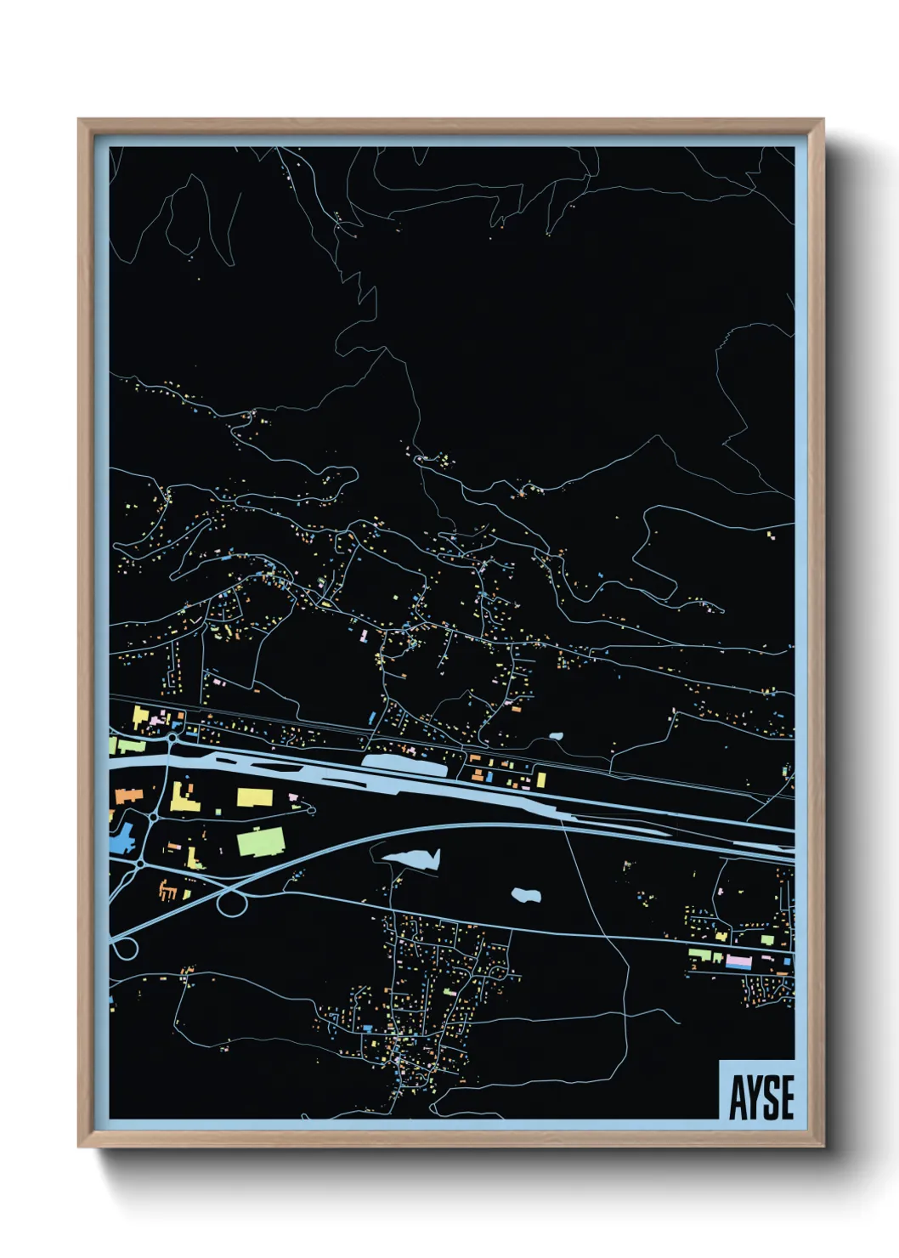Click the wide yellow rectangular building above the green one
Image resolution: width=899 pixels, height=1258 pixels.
(255, 797)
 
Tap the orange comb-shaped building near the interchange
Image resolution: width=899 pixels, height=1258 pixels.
(168, 890)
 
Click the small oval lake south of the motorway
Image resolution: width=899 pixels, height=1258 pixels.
(527, 895)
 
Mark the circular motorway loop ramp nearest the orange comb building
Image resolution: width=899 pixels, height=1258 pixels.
(230, 903)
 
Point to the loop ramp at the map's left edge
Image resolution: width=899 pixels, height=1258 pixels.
(124, 948)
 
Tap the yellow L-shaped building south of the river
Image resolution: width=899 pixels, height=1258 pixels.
(184, 797)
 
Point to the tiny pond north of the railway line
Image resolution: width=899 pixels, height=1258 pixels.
(557, 736)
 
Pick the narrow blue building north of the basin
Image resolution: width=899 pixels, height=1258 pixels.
(372, 719)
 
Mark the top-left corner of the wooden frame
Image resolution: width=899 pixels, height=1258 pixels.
(80, 121)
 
